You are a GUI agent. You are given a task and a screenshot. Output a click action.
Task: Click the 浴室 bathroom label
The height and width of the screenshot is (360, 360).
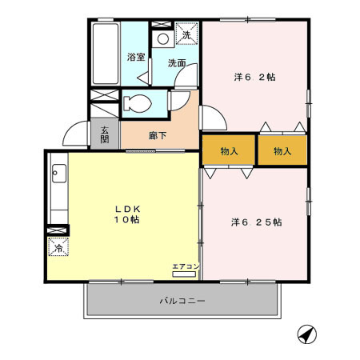(x=135, y=57)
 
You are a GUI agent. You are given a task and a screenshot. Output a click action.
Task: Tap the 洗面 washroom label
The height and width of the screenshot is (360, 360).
(x=177, y=62)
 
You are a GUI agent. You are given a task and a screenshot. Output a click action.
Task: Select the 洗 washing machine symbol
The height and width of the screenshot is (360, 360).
(x=186, y=34)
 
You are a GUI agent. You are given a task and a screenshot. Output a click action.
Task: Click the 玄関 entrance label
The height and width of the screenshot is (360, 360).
(x=104, y=134)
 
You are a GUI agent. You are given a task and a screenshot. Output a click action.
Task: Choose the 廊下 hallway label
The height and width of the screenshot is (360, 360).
(x=158, y=135)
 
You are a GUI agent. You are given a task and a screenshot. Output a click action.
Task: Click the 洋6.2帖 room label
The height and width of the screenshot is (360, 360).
(x=254, y=78)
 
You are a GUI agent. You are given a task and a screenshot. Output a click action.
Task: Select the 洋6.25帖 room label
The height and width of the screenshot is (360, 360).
(x=256, y=222)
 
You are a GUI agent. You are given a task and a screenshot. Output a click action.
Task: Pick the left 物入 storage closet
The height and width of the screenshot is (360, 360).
(x=229, y=151)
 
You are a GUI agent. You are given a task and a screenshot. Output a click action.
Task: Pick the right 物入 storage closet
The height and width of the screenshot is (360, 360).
(x=281, y=151)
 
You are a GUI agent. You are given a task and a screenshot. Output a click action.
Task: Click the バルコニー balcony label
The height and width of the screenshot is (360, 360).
(x=182, y=302)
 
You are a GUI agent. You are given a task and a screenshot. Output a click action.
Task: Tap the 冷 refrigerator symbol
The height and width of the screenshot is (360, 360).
(x=58, y=249)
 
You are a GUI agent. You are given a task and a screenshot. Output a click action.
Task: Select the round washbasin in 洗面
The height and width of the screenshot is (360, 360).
(x=162, y=38)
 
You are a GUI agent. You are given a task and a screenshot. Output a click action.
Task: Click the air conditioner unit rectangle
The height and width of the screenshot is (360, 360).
(x=184, y=274)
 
